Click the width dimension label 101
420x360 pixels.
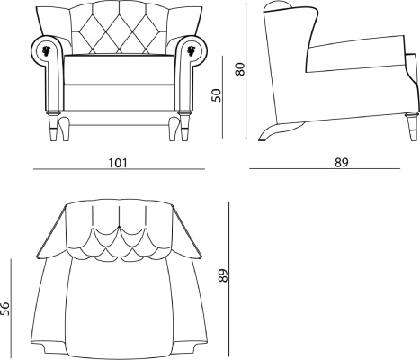click(118, 163)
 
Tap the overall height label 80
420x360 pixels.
click(240, 69)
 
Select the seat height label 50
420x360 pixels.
click(217, 95)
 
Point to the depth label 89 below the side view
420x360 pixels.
click(342, 163)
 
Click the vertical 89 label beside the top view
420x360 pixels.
click(223, 275)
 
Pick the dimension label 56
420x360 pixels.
click(5, 309)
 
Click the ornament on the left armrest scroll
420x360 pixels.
click(47, 49)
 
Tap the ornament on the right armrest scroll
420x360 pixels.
click(191, 49)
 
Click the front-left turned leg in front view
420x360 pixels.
click(54, 125)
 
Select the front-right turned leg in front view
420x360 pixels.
click(183, 125)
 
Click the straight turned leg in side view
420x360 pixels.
click(412, 126)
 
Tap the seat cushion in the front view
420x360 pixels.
click(120, 69)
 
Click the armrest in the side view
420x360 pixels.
click(357, 54)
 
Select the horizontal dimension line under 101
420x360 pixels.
click(119, 169)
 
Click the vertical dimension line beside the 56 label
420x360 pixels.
click(11, 308)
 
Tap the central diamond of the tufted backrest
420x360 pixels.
click(120, 31)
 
